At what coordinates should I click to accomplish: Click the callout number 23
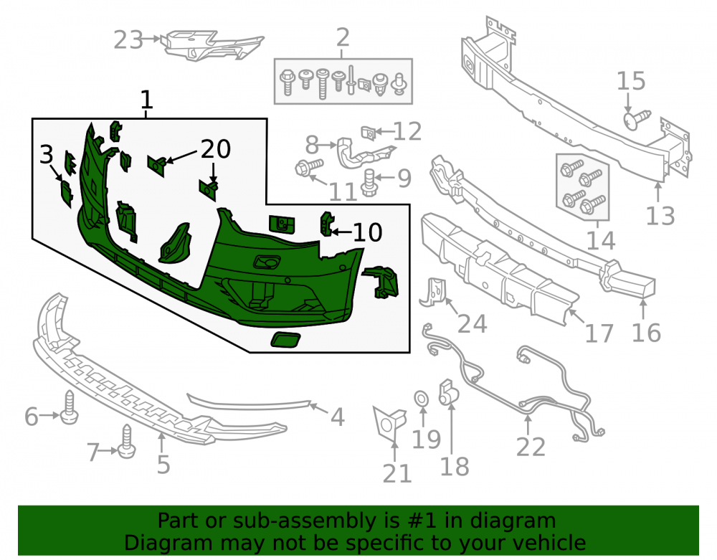point(128,39)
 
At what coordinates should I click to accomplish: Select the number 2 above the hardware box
point(343,37)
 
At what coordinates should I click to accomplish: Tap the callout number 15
point(631,81)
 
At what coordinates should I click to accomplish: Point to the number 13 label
point(660,216)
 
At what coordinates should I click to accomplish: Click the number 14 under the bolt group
point(600,240)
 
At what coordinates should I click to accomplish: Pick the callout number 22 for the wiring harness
point(531,447)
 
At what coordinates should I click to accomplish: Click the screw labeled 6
point(69,407)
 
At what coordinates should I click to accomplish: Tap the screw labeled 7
point(127,441)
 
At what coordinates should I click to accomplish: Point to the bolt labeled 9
point(369,183)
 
